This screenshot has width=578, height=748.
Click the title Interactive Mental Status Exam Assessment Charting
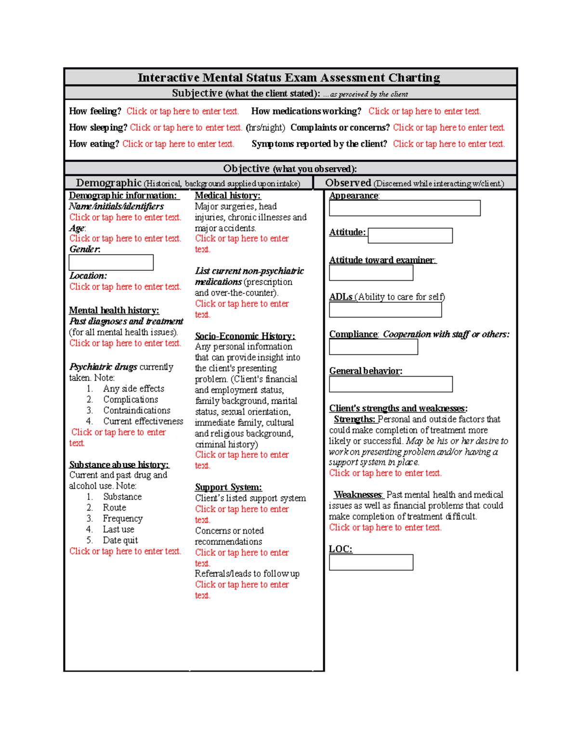tap(289, 78)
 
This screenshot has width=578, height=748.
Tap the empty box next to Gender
tap(111, 262)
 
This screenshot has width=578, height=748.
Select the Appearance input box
tap(405, 208)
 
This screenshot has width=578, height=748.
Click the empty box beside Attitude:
tap(410, 236)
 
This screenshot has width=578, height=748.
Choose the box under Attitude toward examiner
tap(371, 273)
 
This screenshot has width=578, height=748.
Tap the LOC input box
tap(371, 562)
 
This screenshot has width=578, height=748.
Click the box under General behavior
tap(391, 384)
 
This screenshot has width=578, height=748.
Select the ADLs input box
tap(385, 310)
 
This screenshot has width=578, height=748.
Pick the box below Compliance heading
tap(373, 347)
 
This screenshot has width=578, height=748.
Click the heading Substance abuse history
tap(119, 464)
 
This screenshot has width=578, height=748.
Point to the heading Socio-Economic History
tap(245, 336)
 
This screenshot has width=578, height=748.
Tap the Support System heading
tap(228, 487)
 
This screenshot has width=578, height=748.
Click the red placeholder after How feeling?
tap(183, 111)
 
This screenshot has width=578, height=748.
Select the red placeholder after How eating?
tap(178, 144)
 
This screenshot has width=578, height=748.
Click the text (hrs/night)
tap(265, 128)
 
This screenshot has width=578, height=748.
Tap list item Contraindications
tap(137, 410)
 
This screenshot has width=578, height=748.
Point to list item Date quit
tap(120, 540)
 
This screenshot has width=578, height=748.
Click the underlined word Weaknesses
tap(358, 495)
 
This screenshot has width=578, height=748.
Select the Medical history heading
tap(227, 196)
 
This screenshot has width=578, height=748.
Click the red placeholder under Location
tap(125, 287)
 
